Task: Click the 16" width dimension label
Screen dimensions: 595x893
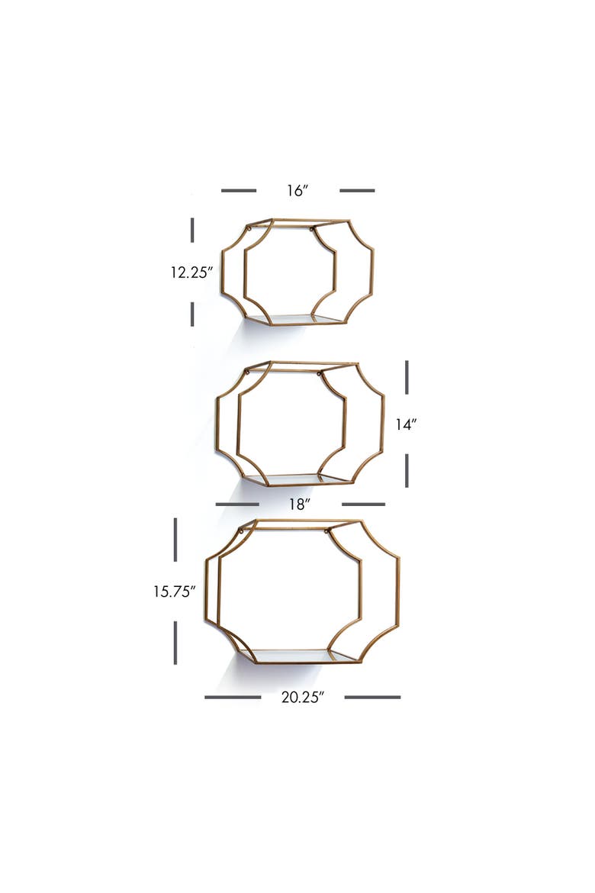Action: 297,190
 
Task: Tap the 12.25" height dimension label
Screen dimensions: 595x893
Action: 191,272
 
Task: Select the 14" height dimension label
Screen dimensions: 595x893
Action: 406,424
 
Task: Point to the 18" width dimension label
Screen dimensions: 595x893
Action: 300,505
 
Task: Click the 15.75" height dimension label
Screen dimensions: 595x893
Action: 174,592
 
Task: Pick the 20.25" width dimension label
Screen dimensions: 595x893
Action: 302,697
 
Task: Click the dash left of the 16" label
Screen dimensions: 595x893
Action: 239,190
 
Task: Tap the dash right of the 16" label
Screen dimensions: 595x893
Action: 357,190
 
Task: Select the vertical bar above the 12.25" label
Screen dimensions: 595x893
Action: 192,230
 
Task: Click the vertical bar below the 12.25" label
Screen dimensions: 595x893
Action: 192,314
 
